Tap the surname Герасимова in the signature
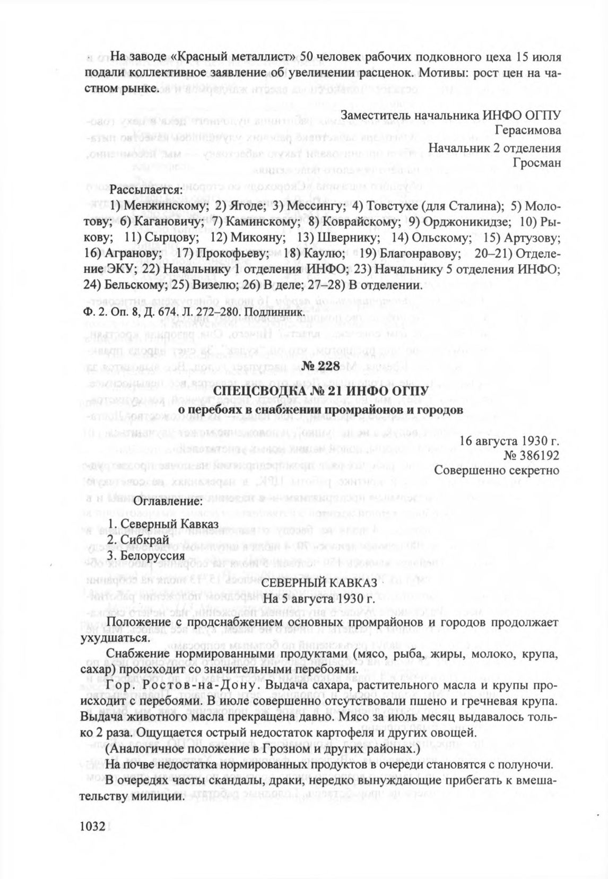tap(527, 130)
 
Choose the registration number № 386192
tap(533, 455)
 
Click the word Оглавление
tap(168, 501)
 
